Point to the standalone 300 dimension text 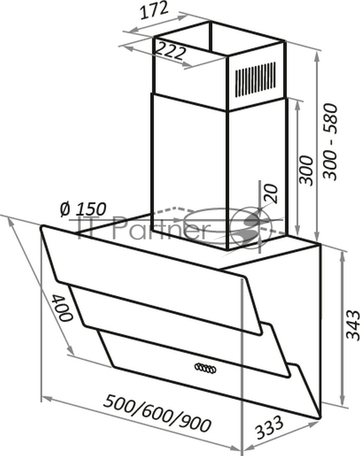tap(306, 169)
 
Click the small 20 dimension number tap(270, 194)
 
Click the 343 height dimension tap(352, 324)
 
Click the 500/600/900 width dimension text tap(157, 413)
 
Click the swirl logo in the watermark tap(249, 228)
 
